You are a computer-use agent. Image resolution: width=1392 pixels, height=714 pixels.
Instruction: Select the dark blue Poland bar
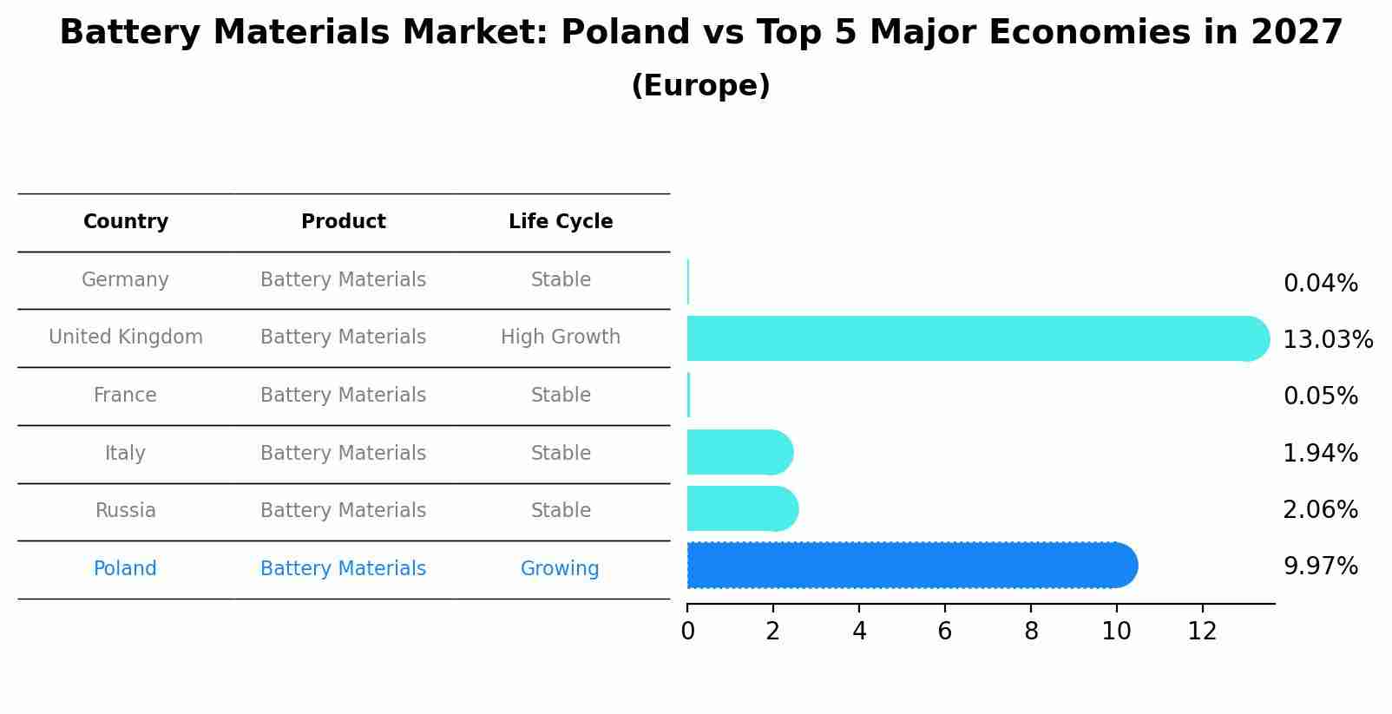[911, 566]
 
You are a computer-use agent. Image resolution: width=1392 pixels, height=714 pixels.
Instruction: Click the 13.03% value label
[1328, 339]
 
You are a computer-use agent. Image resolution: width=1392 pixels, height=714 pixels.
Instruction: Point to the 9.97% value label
[1320, 567]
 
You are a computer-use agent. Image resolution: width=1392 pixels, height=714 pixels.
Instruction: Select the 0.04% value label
[1320, 284]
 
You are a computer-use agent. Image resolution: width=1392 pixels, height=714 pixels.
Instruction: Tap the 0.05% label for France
[1320, 396]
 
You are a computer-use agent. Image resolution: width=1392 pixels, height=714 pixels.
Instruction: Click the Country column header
[126, 222]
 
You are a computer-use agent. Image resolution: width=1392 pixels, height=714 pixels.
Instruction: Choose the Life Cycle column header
[561, 222]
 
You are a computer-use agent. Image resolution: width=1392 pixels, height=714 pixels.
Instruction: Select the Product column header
[344, 222]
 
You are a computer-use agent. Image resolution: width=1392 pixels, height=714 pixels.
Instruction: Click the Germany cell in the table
[125, 280]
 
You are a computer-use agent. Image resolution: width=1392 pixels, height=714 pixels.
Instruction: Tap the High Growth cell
[561, 337]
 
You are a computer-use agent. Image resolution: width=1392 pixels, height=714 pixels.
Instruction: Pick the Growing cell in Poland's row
[560, 569]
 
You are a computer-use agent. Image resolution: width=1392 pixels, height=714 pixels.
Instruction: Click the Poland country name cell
[125, 569]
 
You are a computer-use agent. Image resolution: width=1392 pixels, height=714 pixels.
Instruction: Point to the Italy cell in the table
[125, 454]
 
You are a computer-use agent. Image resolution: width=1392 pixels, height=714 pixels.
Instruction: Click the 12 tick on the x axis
[1202, 632]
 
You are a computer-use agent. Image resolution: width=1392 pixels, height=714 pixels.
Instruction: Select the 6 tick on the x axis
[945, 632]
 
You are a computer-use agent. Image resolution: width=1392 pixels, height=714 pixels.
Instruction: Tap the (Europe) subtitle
[700, 86]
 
